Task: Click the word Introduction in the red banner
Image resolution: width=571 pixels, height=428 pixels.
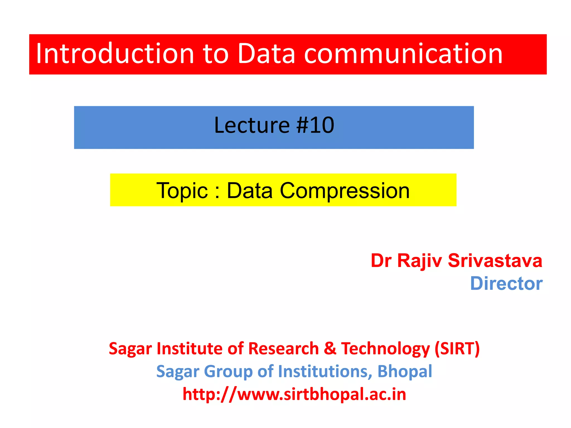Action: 115,53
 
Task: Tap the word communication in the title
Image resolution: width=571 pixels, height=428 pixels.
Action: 403,53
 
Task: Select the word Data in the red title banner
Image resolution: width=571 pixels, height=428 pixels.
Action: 266,53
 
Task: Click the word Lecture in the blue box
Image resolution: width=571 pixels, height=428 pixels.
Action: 252,125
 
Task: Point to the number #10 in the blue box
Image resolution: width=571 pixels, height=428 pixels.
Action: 315,125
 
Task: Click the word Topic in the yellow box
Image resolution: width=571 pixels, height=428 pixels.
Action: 182,191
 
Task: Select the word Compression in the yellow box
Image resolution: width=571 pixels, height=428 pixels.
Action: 345,191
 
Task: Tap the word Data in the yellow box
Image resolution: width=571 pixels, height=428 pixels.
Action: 250,191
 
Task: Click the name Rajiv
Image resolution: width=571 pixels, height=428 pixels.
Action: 419,261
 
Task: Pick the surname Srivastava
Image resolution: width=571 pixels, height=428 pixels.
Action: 495,261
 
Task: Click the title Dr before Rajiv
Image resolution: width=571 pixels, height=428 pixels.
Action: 381,261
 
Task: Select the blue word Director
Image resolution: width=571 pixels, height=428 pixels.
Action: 506,284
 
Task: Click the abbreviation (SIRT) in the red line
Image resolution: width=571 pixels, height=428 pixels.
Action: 457,348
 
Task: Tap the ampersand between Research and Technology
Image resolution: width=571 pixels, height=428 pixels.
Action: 330,348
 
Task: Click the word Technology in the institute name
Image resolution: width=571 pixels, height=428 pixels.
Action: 386,348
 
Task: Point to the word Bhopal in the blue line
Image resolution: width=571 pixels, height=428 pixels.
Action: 405,371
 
